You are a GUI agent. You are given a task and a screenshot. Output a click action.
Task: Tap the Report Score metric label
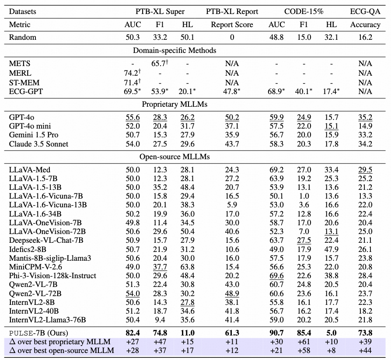point(232,24)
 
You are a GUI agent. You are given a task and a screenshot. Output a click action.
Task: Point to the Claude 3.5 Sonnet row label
point(38,144)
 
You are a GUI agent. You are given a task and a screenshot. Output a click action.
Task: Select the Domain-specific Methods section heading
point(175,50)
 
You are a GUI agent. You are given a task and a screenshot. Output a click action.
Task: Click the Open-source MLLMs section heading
point(175,156)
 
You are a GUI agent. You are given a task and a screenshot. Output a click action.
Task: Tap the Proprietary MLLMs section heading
point(175,104)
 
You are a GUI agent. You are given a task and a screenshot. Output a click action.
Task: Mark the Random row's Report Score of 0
point(232,37)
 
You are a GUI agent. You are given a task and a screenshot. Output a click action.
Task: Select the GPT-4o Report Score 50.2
point(232,117)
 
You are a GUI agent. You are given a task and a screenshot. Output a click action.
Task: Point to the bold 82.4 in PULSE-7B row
point(133,333)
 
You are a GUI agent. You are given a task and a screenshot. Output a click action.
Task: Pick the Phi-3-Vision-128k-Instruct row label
point(52,276)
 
